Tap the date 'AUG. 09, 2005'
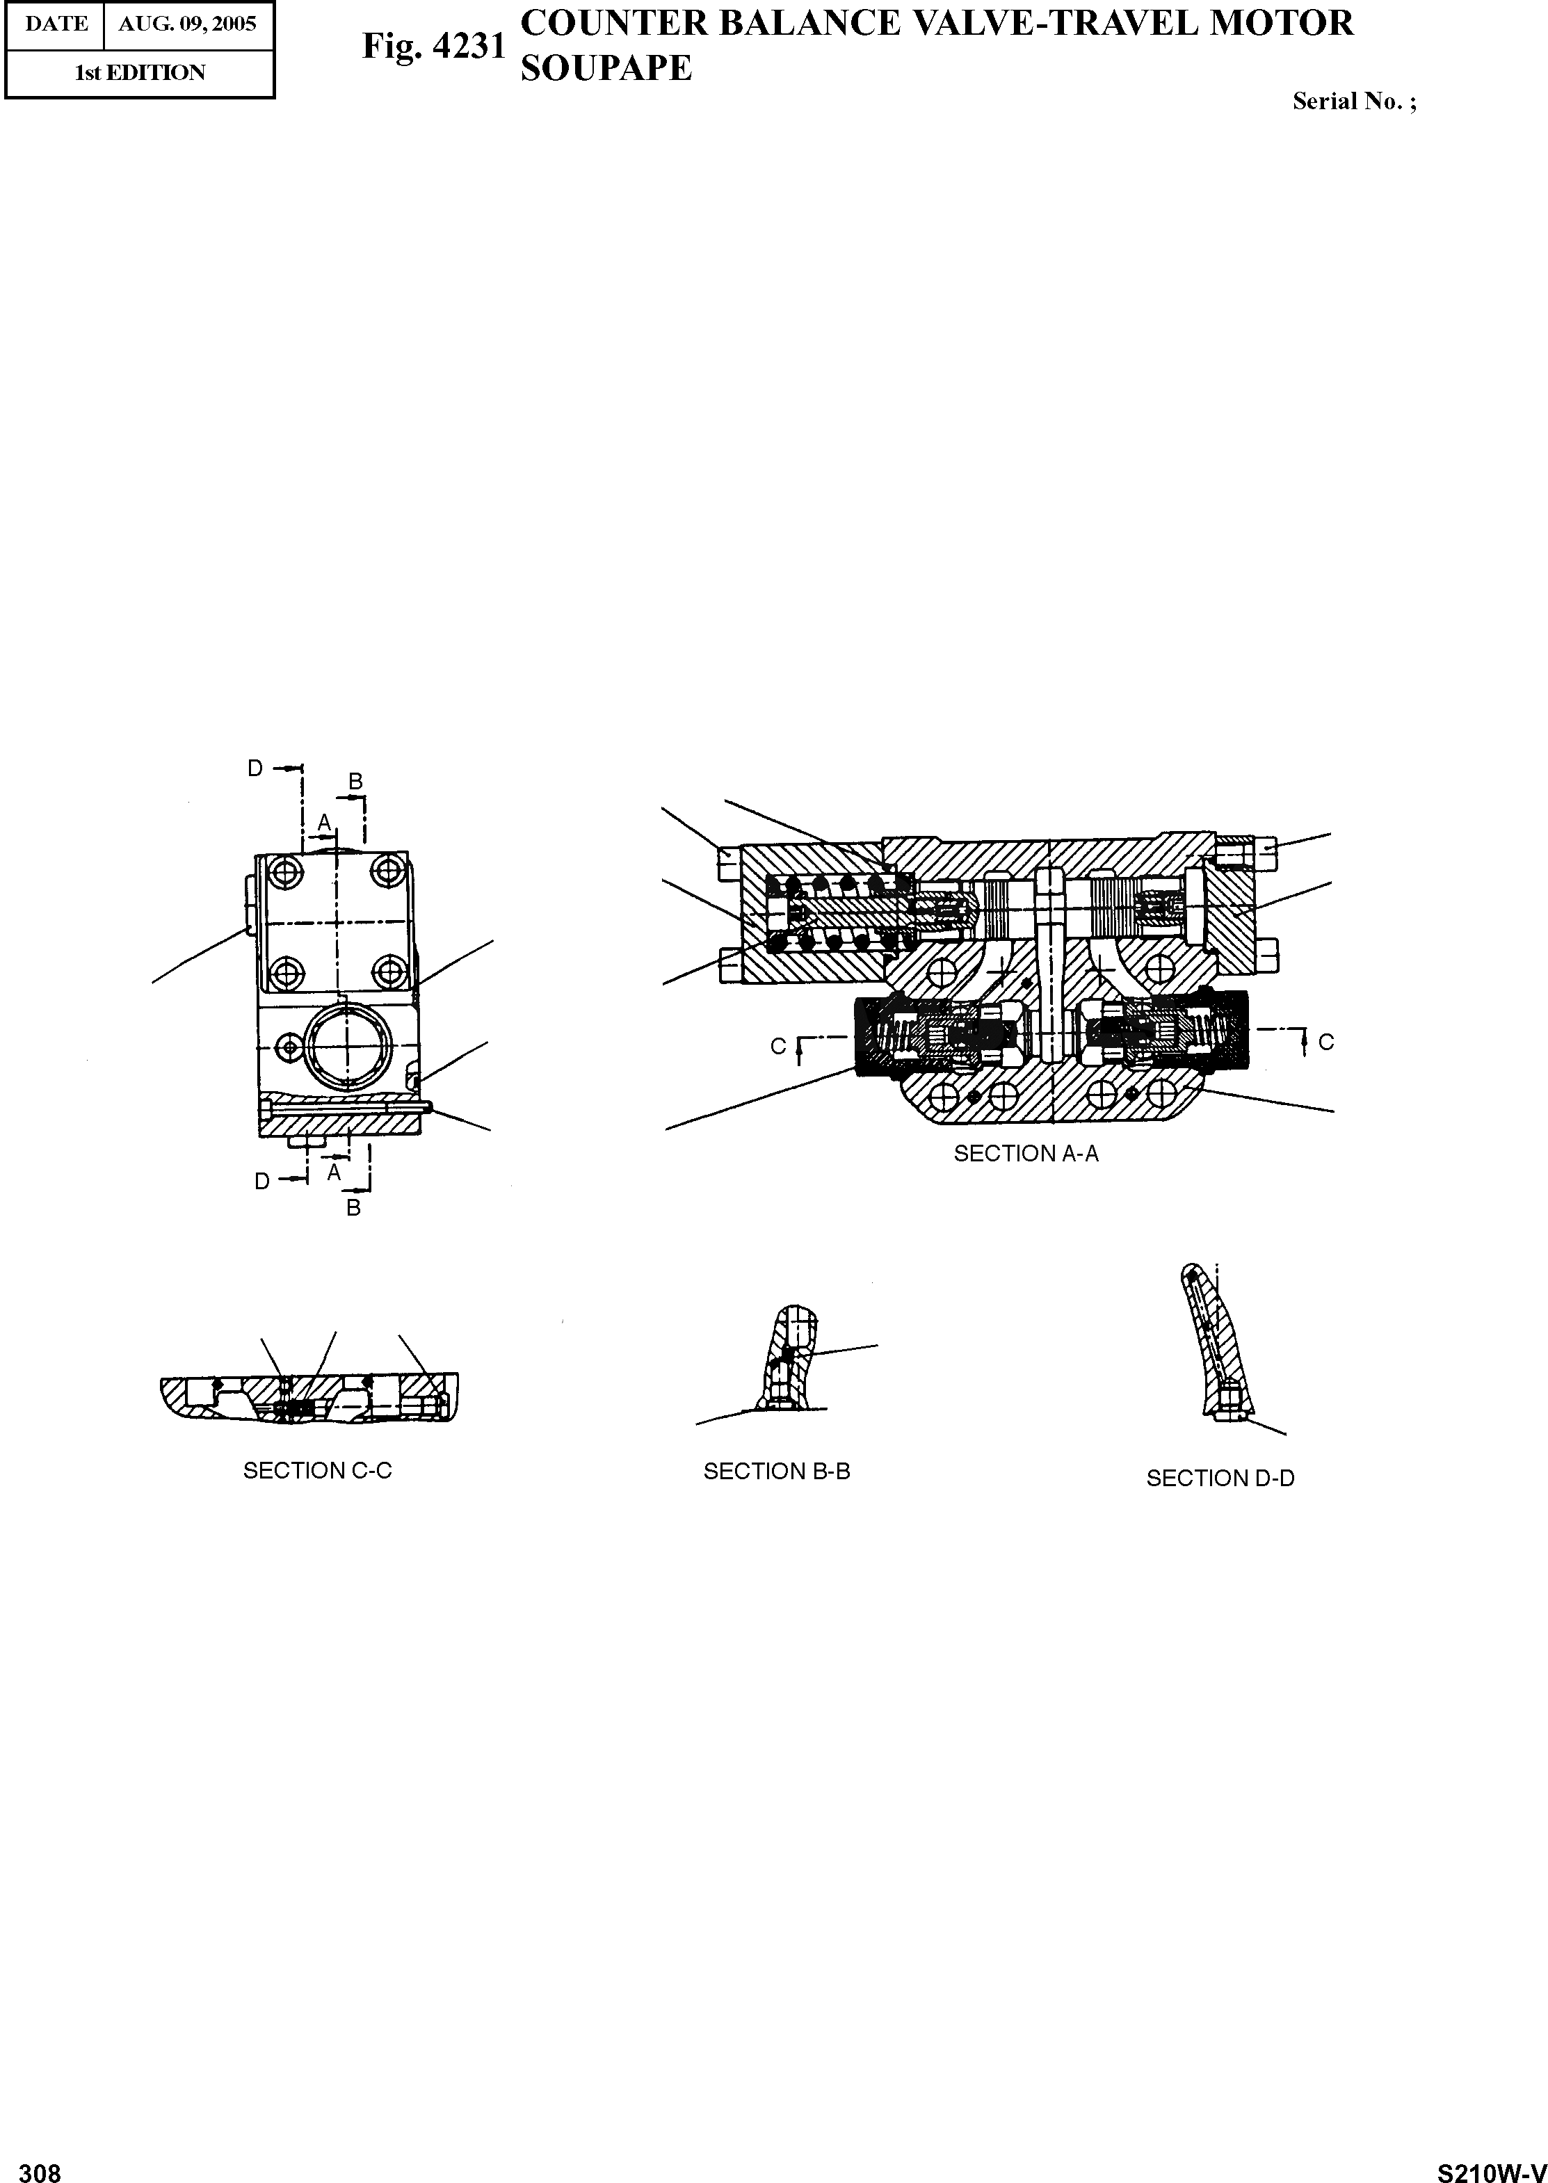click(188, 24)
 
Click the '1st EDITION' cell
click(140, 72)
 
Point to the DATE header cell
click(56, 24)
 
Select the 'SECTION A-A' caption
click(1026, 1154)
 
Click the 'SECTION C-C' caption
click(317, 1471)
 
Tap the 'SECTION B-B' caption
click(776, 1472)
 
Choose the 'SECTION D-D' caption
click(1220, 1479)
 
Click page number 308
click(40, 2166)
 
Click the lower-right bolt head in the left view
click(388, 972)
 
